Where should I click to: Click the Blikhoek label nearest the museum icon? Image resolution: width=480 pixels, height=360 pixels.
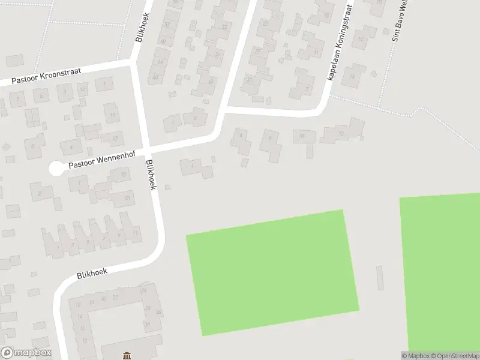pyautogui.click(x=92, y=274)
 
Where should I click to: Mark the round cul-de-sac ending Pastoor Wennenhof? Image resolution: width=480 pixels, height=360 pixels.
pyautogui.click(x=56, y=169)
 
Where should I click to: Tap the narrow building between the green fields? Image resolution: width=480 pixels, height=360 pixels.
pyautogui.click(x=380, y=278)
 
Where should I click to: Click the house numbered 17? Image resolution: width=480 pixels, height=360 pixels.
pyautogui.click(x=115, y=138)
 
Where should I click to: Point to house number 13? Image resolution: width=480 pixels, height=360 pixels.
pyautogui.click(x=127, y=197)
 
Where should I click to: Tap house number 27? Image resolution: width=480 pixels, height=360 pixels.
pyautogui.click(x=257, y=52)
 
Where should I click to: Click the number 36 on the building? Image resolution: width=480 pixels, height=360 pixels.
pyautogui.click(x=158, y=313)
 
